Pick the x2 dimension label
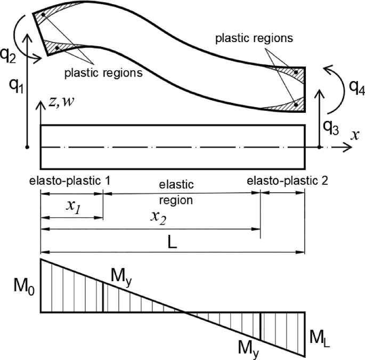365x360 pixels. [x=159, y=217]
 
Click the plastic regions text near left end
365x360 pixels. [x=103, y=72]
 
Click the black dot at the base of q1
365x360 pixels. [x=27, y=146]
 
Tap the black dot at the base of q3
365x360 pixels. [x=319, y=146]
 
